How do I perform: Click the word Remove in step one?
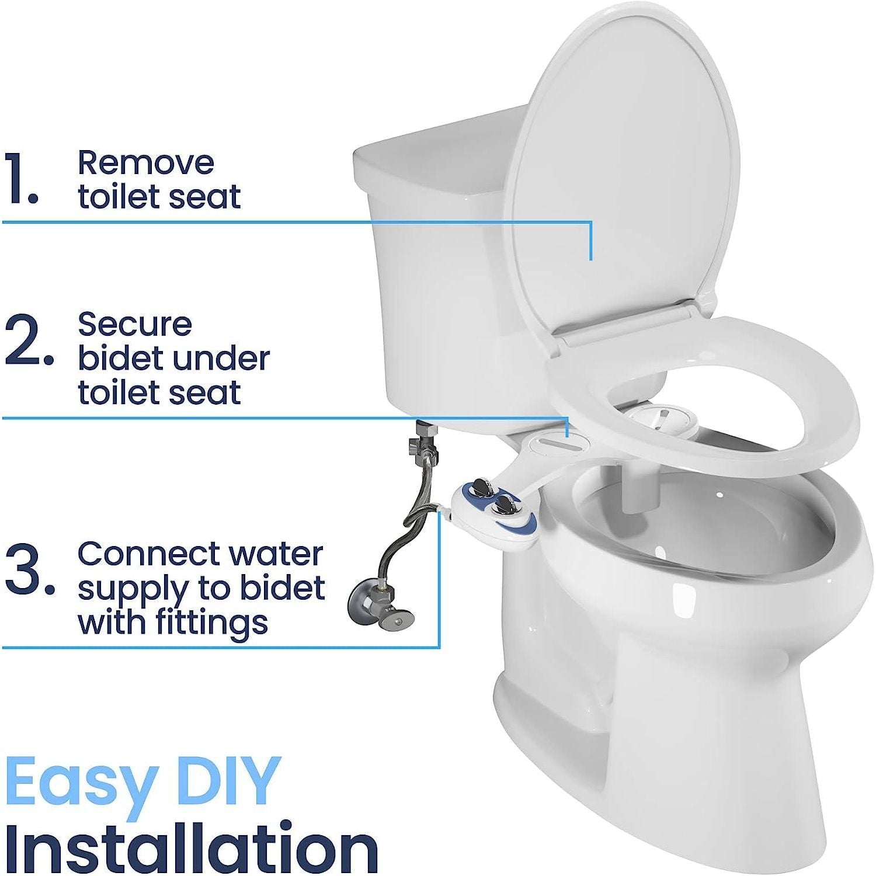click(x=146, y=163)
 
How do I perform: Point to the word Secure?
click(x=135, y=325)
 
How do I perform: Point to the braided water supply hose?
click(x=397, y=537)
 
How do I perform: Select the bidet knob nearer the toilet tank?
click(x=482, y=486)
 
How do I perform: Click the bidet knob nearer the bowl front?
click(x=503, y=505)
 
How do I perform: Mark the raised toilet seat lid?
click(x=625, y=175)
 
